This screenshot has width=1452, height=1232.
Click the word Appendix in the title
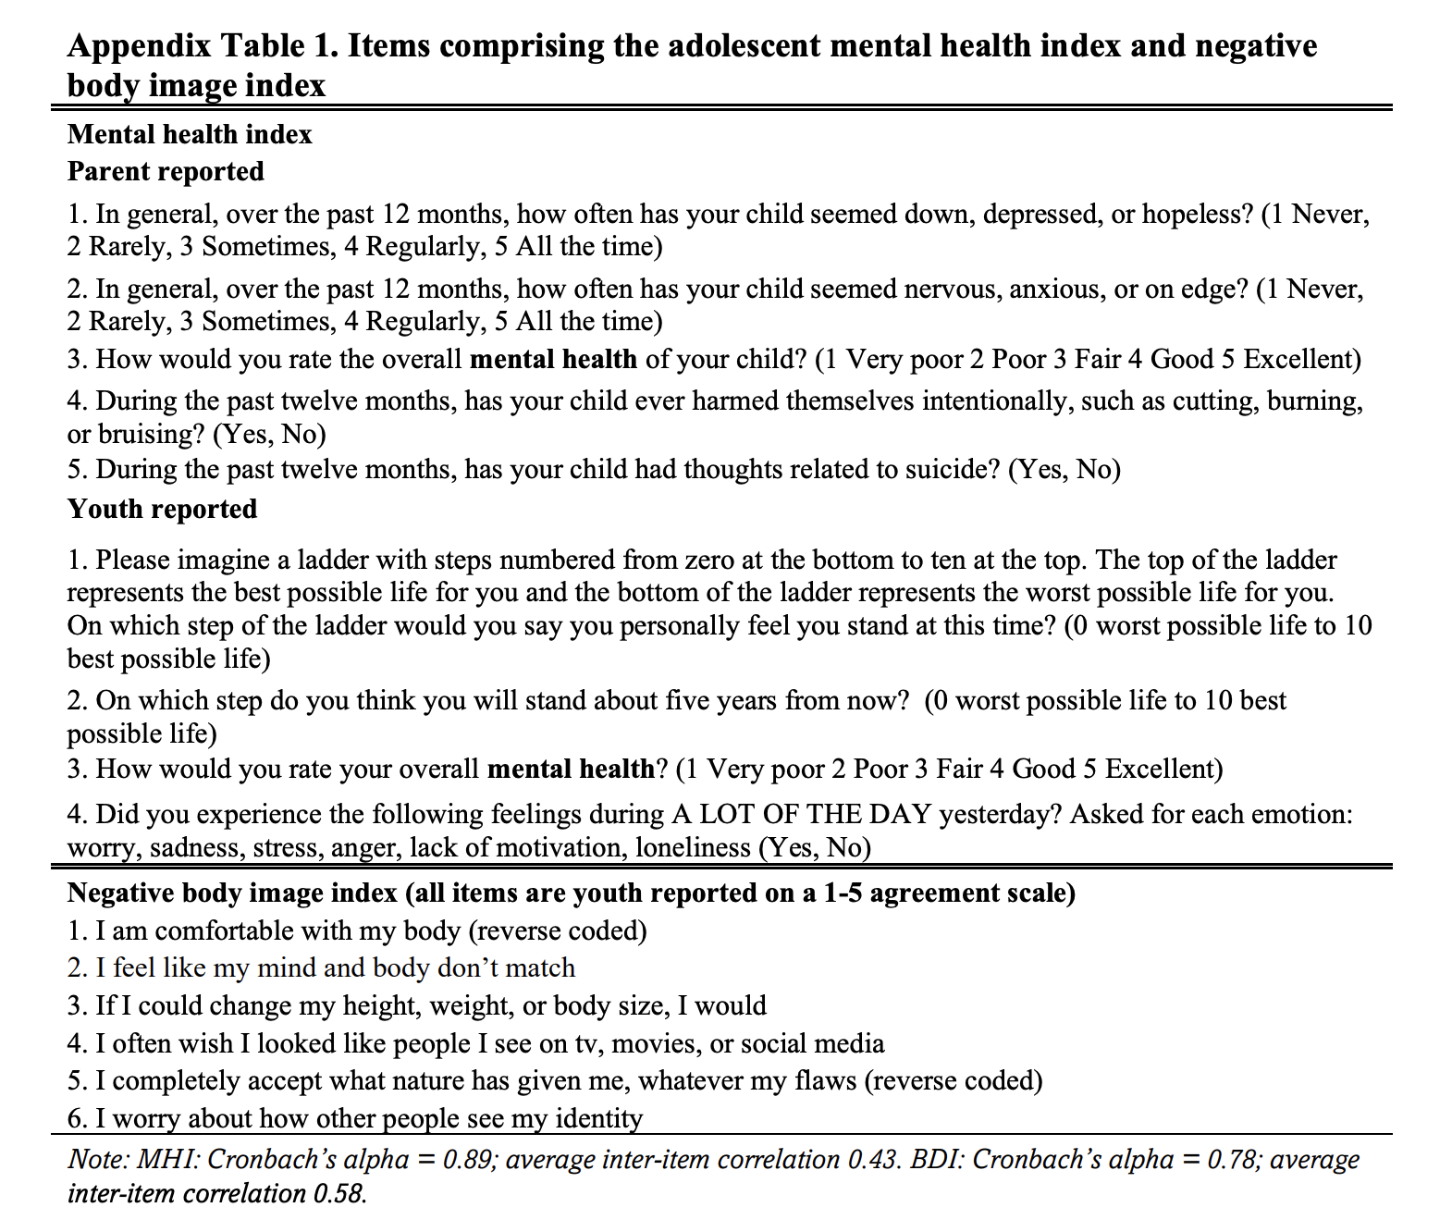coord(137,45)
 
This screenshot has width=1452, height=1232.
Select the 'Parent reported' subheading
coord(166,171)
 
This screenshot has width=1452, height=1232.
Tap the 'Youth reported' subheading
coord(162,509)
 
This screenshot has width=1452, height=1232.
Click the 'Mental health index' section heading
coord(190,134)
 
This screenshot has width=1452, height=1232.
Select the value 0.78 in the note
coord(1233,1159)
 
